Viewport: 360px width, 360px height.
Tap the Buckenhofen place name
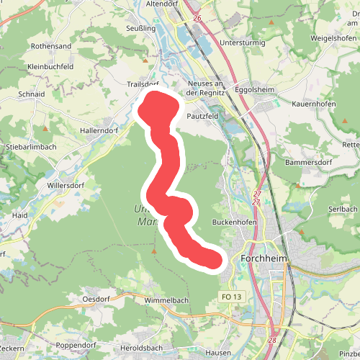[x=235, y=222]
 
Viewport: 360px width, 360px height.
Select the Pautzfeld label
[x=202, y=114]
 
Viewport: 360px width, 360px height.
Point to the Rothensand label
[x=50, y=46]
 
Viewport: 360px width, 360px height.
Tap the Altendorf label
[x=161, y=4]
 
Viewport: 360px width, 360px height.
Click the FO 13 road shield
[x=231, y=297]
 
